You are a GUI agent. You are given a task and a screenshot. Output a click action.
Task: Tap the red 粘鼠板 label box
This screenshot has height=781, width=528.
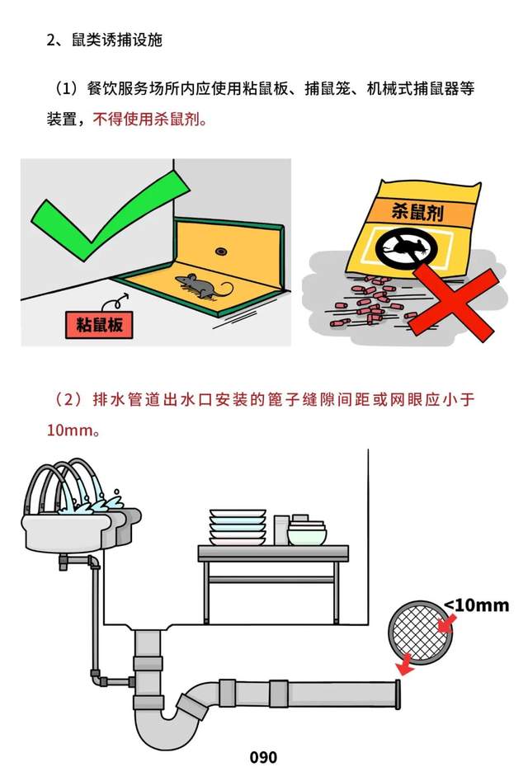click(99, 325)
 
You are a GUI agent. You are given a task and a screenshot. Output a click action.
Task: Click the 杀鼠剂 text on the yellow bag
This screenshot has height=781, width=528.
click(417, 212)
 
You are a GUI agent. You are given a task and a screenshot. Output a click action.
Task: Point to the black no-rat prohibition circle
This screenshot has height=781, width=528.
click(407, 247)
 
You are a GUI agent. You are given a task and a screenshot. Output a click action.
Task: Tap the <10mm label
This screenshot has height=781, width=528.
click(476, 605)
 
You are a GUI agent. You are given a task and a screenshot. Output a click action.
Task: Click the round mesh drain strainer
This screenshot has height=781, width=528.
click(422, 633)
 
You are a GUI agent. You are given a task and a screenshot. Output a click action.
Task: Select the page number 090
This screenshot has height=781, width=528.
click(263, 758)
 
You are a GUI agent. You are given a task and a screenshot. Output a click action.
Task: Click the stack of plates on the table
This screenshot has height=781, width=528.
click(238, 527)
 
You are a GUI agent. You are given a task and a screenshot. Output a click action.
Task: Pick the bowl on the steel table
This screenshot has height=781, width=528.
click(307, 534)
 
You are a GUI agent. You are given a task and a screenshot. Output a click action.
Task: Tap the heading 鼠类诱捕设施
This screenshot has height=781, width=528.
click(117, 40)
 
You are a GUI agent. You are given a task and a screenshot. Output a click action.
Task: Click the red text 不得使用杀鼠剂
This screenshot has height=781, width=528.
click(149, 119)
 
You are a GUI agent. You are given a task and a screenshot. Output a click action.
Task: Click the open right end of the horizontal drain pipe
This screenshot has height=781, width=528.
click(398, 694)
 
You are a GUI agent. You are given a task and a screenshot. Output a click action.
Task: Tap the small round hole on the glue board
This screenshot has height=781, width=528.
click(221, 252)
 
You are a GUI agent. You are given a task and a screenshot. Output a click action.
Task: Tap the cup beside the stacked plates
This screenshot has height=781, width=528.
click(281, 530)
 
